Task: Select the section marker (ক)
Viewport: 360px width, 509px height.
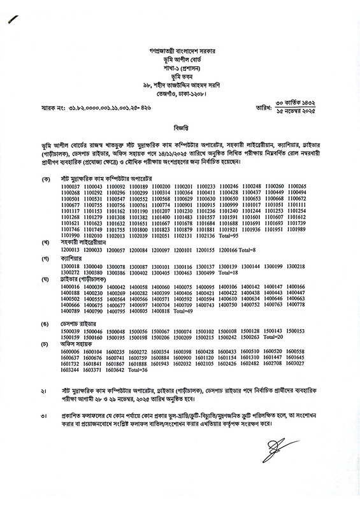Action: tap(45, 178)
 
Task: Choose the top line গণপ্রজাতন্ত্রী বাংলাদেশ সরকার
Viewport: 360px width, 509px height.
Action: tap(180, 49)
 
